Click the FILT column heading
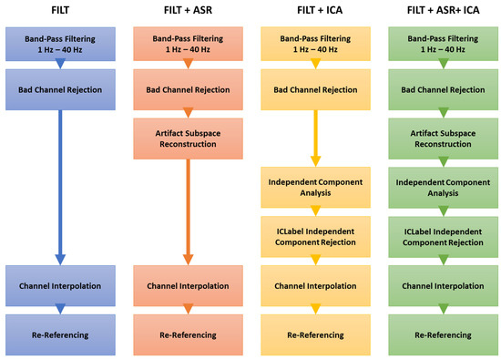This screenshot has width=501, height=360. point(62,13)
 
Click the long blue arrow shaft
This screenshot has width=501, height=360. point(62,182)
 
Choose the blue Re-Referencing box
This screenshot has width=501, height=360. point(62,334)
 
